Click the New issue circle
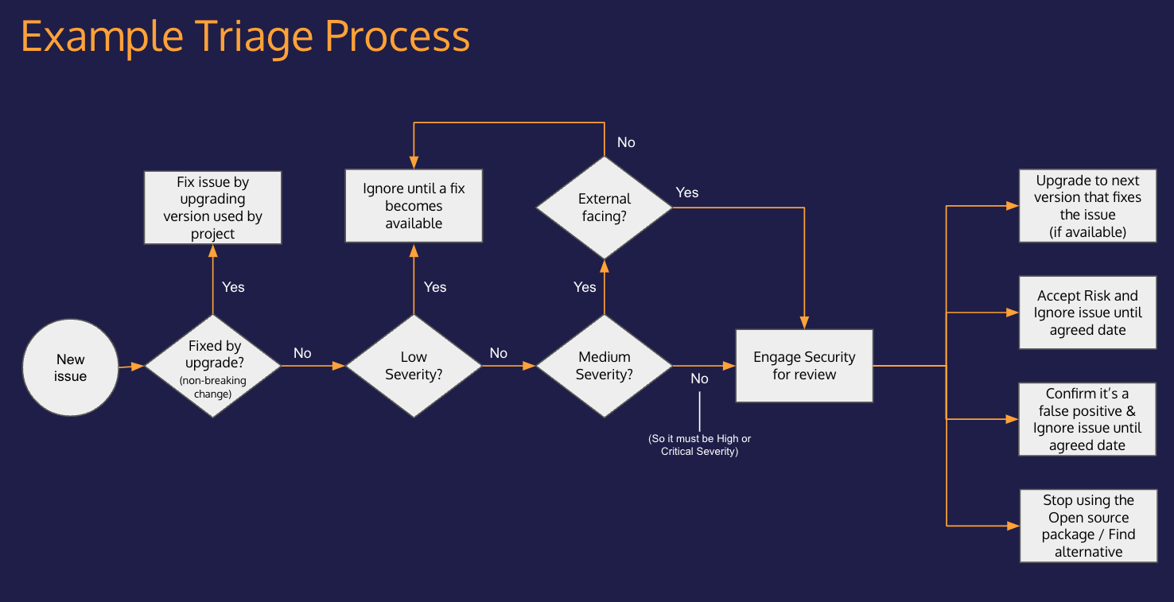coord(70,367)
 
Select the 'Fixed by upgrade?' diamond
coord(213,365)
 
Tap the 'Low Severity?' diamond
coord(414,366)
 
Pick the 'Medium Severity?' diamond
coord(604,366)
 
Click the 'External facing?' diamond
coord(604,208)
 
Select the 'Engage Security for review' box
coord(804,366)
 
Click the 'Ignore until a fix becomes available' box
coord(414,206)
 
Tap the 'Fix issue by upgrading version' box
coord(213,208)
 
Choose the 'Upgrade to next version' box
coord(1087,206)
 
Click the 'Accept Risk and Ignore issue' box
coord(1087,313)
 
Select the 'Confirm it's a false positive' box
coord(1087,419)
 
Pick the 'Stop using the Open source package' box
coord(1088,526)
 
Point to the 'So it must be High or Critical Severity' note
coord(699,445)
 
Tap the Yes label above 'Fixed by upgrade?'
coord(233,287)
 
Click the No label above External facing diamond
coord(626,142)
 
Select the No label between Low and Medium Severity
coord(499,353)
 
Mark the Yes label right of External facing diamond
coord(687,192)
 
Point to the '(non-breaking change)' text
coord(213,387)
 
